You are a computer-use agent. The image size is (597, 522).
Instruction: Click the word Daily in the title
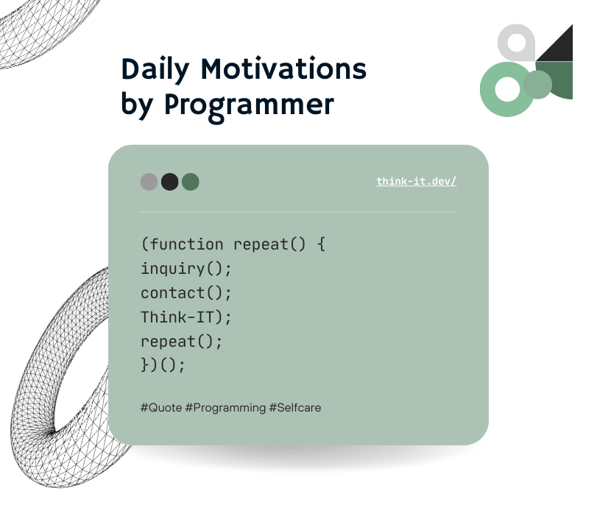click(x=155, y=70)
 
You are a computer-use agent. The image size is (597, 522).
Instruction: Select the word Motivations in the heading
click(x=283, y=68)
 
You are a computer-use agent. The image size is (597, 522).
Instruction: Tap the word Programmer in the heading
click(x=249, y=105)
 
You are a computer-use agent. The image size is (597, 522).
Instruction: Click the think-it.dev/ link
click(x=416, y=181)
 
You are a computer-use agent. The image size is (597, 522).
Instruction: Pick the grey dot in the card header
click(x=149, y=182)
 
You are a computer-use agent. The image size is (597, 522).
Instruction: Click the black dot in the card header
click(x=170, y=182)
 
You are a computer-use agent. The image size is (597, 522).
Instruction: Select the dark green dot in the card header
click(x=191, y=182)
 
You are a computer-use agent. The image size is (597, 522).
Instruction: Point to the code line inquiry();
click(x=186, y=269)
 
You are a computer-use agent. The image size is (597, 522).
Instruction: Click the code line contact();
click(x=186, y=293)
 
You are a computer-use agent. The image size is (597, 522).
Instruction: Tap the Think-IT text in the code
click(x=177, y=317)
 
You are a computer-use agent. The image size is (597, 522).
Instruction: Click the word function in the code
click(x=186, y=244)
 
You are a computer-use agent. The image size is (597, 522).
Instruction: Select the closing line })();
click(x=163, y=365)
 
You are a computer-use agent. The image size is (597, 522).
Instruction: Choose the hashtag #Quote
click(x=161, y=408)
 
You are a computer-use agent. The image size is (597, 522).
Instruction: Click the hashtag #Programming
click(x=225, y=408)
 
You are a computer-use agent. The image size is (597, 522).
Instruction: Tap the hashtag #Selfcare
click(x=294, y=408)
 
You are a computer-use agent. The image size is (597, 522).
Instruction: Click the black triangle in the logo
click(x=559, y=48)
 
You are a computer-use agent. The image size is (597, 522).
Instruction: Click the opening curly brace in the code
click(x=322, y=244)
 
